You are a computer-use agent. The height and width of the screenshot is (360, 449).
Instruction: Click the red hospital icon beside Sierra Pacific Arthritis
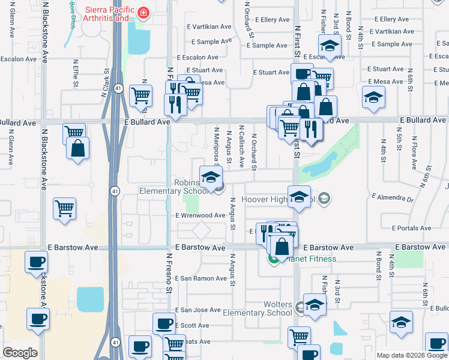(x=143, y=13)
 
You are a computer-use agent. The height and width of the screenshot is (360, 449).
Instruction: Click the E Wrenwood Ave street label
(x=200, y=215)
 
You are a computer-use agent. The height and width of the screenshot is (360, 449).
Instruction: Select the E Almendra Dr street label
(x=393, y=197)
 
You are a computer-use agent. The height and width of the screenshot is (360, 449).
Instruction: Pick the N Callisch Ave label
(x=241, y=145)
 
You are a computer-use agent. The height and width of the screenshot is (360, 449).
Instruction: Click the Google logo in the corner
(x=20, y=352)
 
